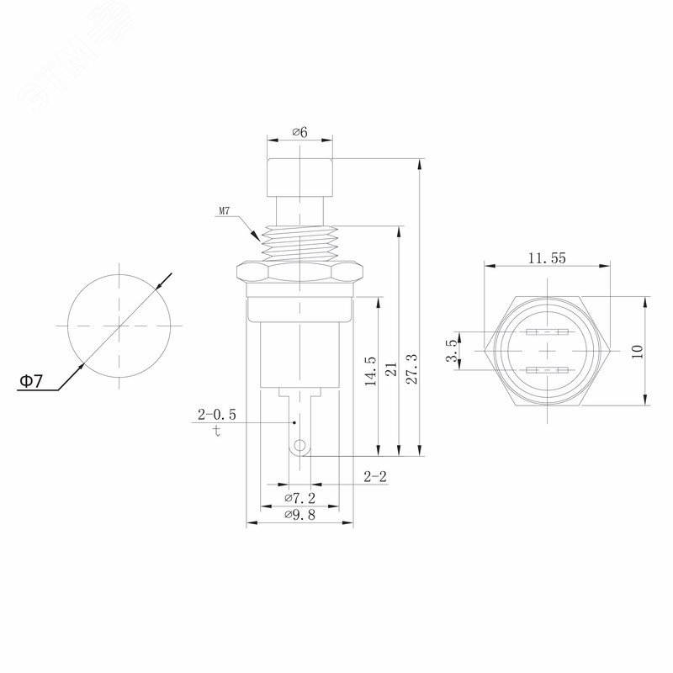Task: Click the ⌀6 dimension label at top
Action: [x=300, y=132]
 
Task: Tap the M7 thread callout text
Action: [x=225, y=211]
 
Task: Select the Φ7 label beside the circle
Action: [x=31, y=381]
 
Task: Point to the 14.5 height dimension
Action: [x=370, y=371]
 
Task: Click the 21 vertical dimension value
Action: [x=391, y=369]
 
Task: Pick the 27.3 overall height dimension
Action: [x=411, y=368]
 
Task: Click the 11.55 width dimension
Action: [x=547, y=258]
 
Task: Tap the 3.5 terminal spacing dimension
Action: [x=452, y=351]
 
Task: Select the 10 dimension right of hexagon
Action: [x=638, y=352]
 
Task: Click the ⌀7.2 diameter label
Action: [x=300, y=498]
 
